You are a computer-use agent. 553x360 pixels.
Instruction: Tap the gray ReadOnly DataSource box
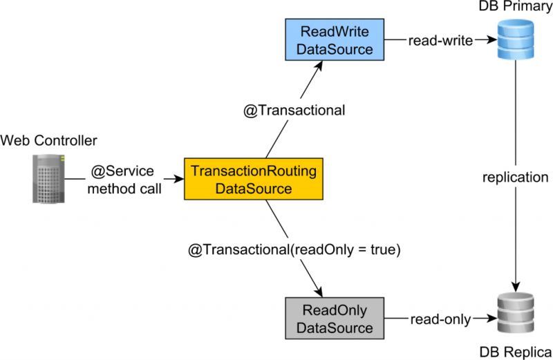pos(335,318)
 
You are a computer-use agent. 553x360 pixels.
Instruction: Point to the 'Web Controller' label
pos(49,141)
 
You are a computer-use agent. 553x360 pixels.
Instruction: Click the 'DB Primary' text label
pos(515,7)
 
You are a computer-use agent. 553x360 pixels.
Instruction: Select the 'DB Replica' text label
pos(515,350)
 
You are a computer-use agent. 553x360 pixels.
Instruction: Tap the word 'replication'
pos(514,178)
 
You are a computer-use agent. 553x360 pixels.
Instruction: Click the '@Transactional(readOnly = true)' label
pos(294,249)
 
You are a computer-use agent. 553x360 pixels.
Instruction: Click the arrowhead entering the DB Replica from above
pos(514,285)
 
